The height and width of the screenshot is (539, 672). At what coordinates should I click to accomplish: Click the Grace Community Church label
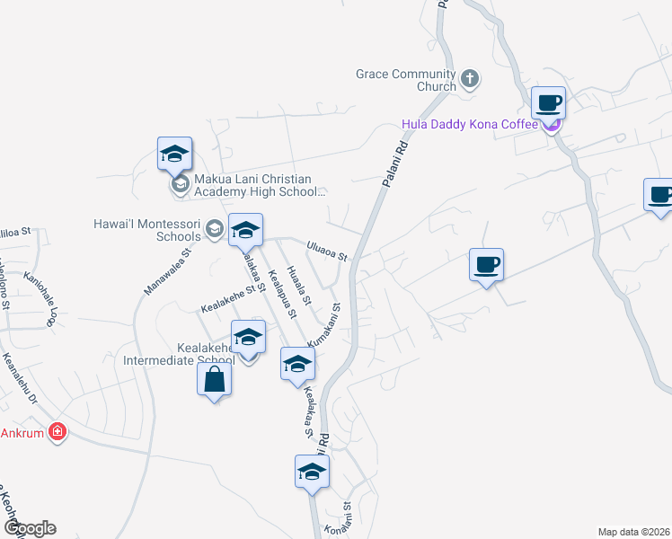coord(406,81)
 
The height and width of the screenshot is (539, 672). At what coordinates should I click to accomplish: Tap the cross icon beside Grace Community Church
coord(469,80)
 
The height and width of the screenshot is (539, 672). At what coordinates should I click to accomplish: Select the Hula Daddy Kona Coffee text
coord(469,124)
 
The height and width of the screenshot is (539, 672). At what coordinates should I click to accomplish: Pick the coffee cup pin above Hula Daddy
coord(548,103)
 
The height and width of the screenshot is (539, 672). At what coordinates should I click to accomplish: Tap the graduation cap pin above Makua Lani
coord(175,155)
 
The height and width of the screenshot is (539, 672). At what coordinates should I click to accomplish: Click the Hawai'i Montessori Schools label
coord(148,230)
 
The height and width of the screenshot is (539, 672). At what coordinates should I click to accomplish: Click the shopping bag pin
coord(215,381)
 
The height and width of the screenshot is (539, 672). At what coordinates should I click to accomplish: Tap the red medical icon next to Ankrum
coord(58,431)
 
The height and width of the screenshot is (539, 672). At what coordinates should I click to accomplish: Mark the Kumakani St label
coord(325,326)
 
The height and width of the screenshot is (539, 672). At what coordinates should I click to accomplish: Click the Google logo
coord(30,528)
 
